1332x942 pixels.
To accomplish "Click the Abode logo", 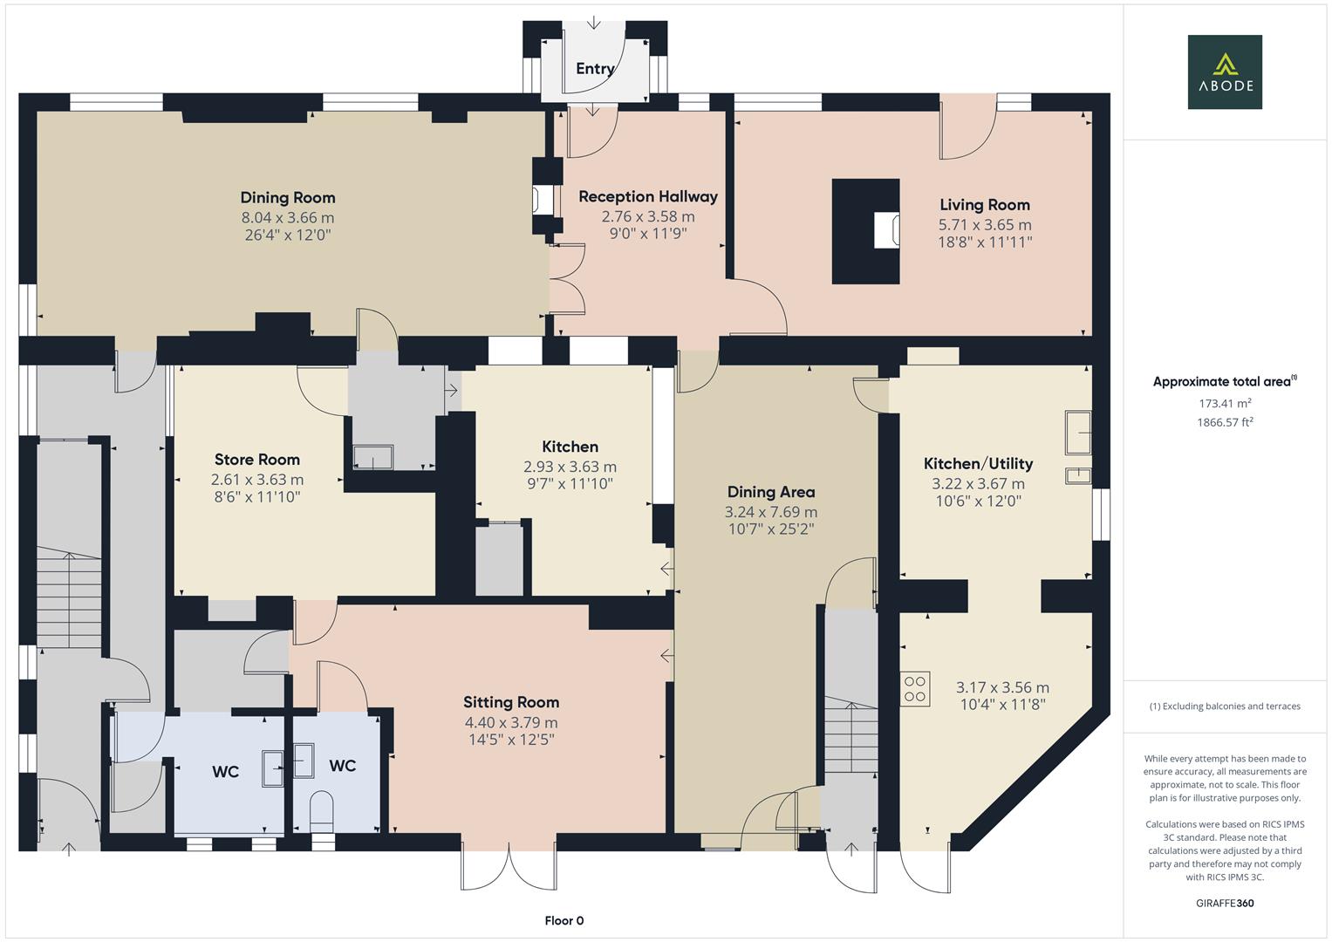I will [1225, 72].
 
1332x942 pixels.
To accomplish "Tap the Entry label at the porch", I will [595, 69].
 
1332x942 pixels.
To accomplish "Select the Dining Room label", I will [288, 198].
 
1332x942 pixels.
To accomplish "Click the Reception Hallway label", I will [648, 197].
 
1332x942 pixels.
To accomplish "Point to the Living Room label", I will [985, 205].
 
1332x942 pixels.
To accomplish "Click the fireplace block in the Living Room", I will [864, 231].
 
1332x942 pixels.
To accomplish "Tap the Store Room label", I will [257, 460].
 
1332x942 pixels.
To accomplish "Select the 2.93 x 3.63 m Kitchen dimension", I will [570, 467].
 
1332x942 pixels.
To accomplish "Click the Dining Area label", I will [771, 493].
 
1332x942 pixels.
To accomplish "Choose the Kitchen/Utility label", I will [978, 464].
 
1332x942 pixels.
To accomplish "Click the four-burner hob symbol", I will [915, 687].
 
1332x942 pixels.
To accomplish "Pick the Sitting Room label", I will [511, 702].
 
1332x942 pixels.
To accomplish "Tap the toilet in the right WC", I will [322, 808].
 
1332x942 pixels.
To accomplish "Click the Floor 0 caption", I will [564, 921].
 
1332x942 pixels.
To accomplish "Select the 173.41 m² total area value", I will [1225, 403].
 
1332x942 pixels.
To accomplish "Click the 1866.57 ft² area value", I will [1225, 422].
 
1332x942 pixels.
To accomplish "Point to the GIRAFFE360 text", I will [1225, 904].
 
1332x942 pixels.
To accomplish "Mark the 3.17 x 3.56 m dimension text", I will [1002, 688].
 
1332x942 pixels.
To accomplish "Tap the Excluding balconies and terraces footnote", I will [1225, 706].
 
